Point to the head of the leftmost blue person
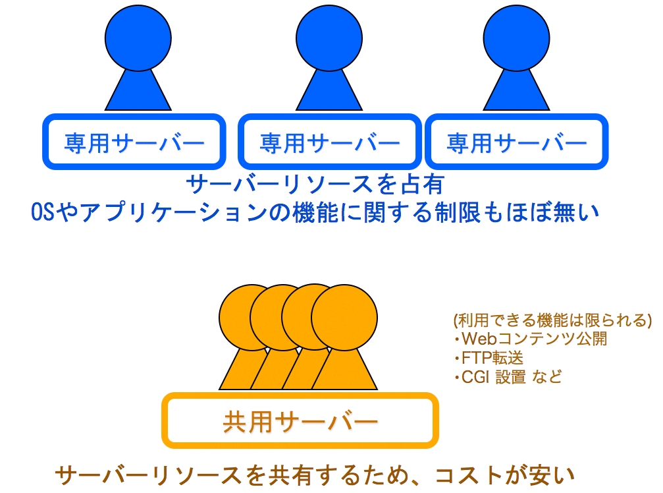tap(138, 38)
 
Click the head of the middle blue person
tap(329, 38)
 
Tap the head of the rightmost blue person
tap(517, 38)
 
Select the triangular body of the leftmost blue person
tap(138, 93)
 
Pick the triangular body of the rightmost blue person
tap(517, 93)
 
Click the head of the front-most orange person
tap(344, 318)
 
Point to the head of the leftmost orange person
tap(237, 318)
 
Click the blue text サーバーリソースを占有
tap(315, 184)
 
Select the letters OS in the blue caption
tap(43, 212)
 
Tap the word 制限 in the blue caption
tap(458, 212)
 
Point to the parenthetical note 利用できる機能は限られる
tap(552, 320)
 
